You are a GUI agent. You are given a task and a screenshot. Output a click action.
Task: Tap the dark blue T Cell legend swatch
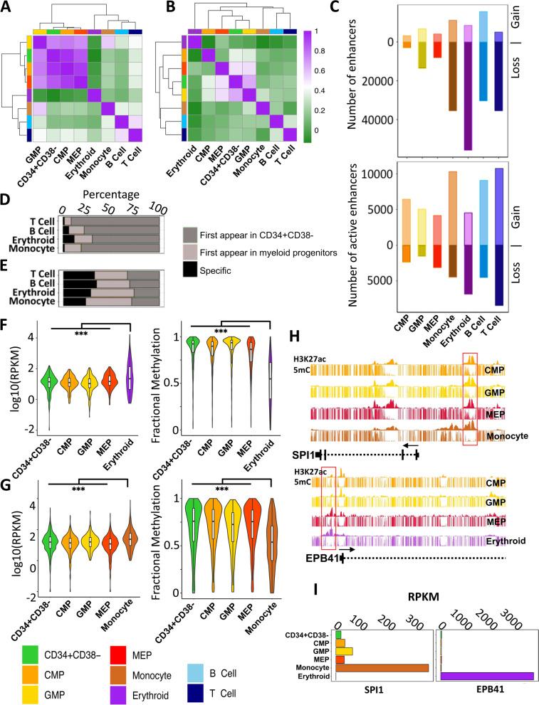[x=253, y=689]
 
